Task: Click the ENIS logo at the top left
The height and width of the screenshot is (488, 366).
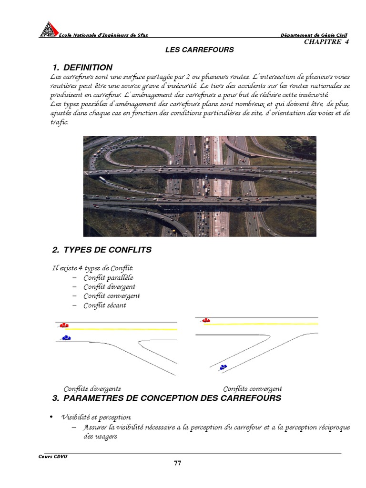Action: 48,29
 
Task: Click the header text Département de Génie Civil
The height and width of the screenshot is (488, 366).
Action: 314,35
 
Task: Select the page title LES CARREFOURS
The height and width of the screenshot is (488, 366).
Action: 199,50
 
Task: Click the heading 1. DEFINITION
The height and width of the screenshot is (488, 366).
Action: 82,67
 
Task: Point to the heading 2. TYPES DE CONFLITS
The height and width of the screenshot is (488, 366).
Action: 102,250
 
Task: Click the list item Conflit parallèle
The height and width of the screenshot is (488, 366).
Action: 108,277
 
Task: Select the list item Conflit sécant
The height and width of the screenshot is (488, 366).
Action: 104,305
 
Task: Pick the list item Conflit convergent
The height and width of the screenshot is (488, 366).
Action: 112,296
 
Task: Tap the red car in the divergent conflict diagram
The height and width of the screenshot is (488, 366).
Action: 64,325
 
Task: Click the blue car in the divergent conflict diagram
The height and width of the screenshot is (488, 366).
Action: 66,338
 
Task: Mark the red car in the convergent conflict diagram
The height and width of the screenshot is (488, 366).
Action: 206,320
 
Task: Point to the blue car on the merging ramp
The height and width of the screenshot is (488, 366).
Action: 223,367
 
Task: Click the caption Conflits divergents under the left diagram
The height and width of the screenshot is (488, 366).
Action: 92,389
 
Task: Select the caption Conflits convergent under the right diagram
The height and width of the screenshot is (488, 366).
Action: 252,389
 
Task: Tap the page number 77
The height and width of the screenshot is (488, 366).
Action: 177,463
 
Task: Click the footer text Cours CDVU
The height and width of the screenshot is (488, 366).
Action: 53,456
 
